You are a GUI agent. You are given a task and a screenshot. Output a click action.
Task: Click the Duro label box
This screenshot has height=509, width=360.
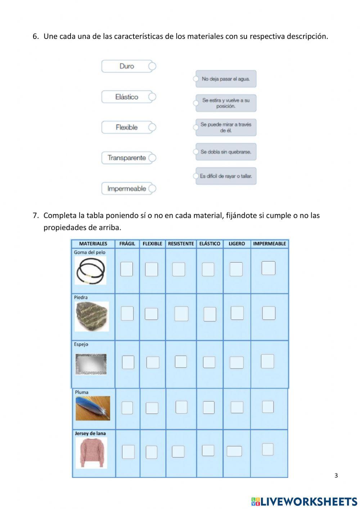point(127,66)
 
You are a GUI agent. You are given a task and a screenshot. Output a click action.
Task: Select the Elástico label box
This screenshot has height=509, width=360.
point(127,97)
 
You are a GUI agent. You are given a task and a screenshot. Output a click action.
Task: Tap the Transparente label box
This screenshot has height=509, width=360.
point(126,158)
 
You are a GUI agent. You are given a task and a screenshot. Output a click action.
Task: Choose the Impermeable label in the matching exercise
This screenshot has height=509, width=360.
point(126,188)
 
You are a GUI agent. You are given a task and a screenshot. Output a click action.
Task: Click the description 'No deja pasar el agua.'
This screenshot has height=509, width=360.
point(226,79)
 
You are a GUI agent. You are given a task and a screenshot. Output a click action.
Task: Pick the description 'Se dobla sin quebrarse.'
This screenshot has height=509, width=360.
point(226,152)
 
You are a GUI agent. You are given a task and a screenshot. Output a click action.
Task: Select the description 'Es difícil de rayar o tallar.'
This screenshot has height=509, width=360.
point(226,176)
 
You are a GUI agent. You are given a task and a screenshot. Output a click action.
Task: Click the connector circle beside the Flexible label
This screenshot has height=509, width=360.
point(152,127)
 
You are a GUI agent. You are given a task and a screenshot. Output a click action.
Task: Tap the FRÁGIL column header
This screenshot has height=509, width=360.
point(127,244)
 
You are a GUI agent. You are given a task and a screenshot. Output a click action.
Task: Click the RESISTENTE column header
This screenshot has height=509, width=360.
point(181,244)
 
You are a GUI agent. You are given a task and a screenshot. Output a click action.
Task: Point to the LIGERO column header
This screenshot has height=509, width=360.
point(237,244)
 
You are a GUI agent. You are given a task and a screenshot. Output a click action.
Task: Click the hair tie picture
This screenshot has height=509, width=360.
point(90,271)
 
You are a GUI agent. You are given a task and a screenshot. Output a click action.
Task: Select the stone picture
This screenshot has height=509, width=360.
point(92,316)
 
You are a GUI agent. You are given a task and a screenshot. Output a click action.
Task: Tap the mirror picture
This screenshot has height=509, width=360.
point(91,364)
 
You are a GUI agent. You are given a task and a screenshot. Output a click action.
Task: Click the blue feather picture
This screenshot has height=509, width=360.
point(93,408)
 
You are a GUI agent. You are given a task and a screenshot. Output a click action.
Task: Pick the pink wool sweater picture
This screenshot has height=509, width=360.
point(91,452)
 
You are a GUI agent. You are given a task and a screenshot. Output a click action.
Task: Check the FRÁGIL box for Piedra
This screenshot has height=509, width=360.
point(127,313)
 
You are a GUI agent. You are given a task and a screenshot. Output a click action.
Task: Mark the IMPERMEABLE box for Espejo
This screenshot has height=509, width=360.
point(267,361)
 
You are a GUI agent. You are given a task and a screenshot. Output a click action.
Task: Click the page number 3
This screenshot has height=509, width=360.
point(336,475)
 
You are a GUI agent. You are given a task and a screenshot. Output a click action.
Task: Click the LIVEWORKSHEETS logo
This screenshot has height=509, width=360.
point(304,501)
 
